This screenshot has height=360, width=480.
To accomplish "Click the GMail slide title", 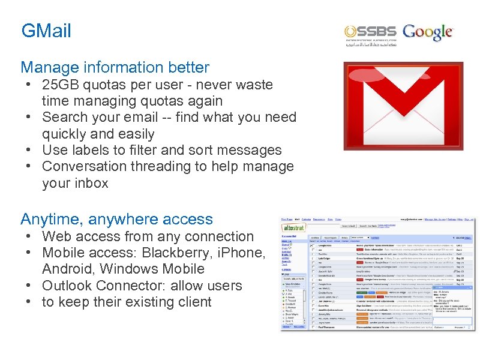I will [46, 31].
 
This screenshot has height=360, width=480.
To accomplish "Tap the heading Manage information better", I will [115, 67].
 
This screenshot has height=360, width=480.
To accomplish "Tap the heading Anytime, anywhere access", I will [116, 220].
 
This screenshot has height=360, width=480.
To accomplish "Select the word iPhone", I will [242, 253].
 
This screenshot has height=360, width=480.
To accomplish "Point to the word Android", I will [67, 269].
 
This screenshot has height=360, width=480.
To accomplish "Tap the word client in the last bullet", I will [191, 302].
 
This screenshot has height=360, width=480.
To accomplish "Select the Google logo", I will [428, 32].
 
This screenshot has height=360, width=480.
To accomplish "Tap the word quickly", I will [68, 134].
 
